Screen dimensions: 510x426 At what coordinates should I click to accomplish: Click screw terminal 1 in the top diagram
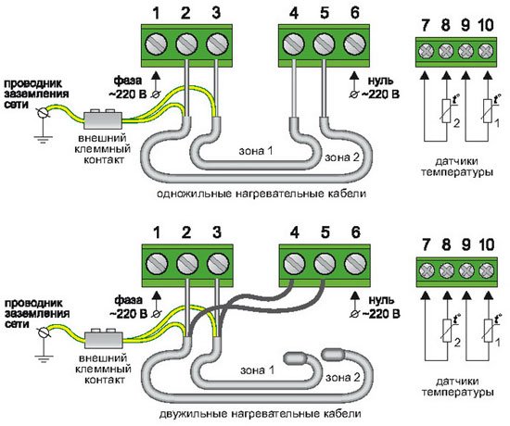click(x=156, y=44)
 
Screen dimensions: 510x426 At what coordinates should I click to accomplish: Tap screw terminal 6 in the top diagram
click(x=354, y=44)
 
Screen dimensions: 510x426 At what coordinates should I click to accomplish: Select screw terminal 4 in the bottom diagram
click(x=294, y=263)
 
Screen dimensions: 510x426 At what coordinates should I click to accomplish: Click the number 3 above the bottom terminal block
click(x=216, y=232)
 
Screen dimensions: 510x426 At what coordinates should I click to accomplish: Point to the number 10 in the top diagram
click(x=486, y=25)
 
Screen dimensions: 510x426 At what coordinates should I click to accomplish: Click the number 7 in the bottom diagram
click(x=426, y=244)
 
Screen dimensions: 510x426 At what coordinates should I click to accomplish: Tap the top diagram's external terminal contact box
click(x=103, y=119)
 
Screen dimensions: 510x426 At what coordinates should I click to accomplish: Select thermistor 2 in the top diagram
click(x=446, y=111)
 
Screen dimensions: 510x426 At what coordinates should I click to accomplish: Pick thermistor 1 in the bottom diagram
click(x=487, y=331)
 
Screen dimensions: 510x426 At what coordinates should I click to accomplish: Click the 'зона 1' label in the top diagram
click(x=256, y=151)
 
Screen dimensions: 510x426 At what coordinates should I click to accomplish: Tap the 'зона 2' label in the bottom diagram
click(x=343, y=377)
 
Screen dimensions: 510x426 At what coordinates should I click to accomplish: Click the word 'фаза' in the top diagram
click(x=128, y=80)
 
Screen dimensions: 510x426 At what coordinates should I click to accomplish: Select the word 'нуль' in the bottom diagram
click(x=381, y=300)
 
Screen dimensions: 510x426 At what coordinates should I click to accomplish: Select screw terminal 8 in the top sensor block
click(x=446, y=51)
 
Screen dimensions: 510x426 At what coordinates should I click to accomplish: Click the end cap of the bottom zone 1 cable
click(x=295, y=357)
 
